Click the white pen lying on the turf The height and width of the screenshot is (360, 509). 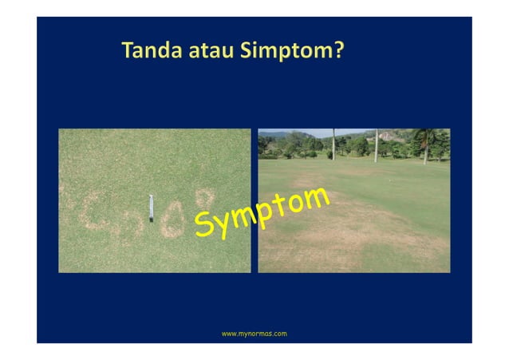[x=150, y=207]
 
